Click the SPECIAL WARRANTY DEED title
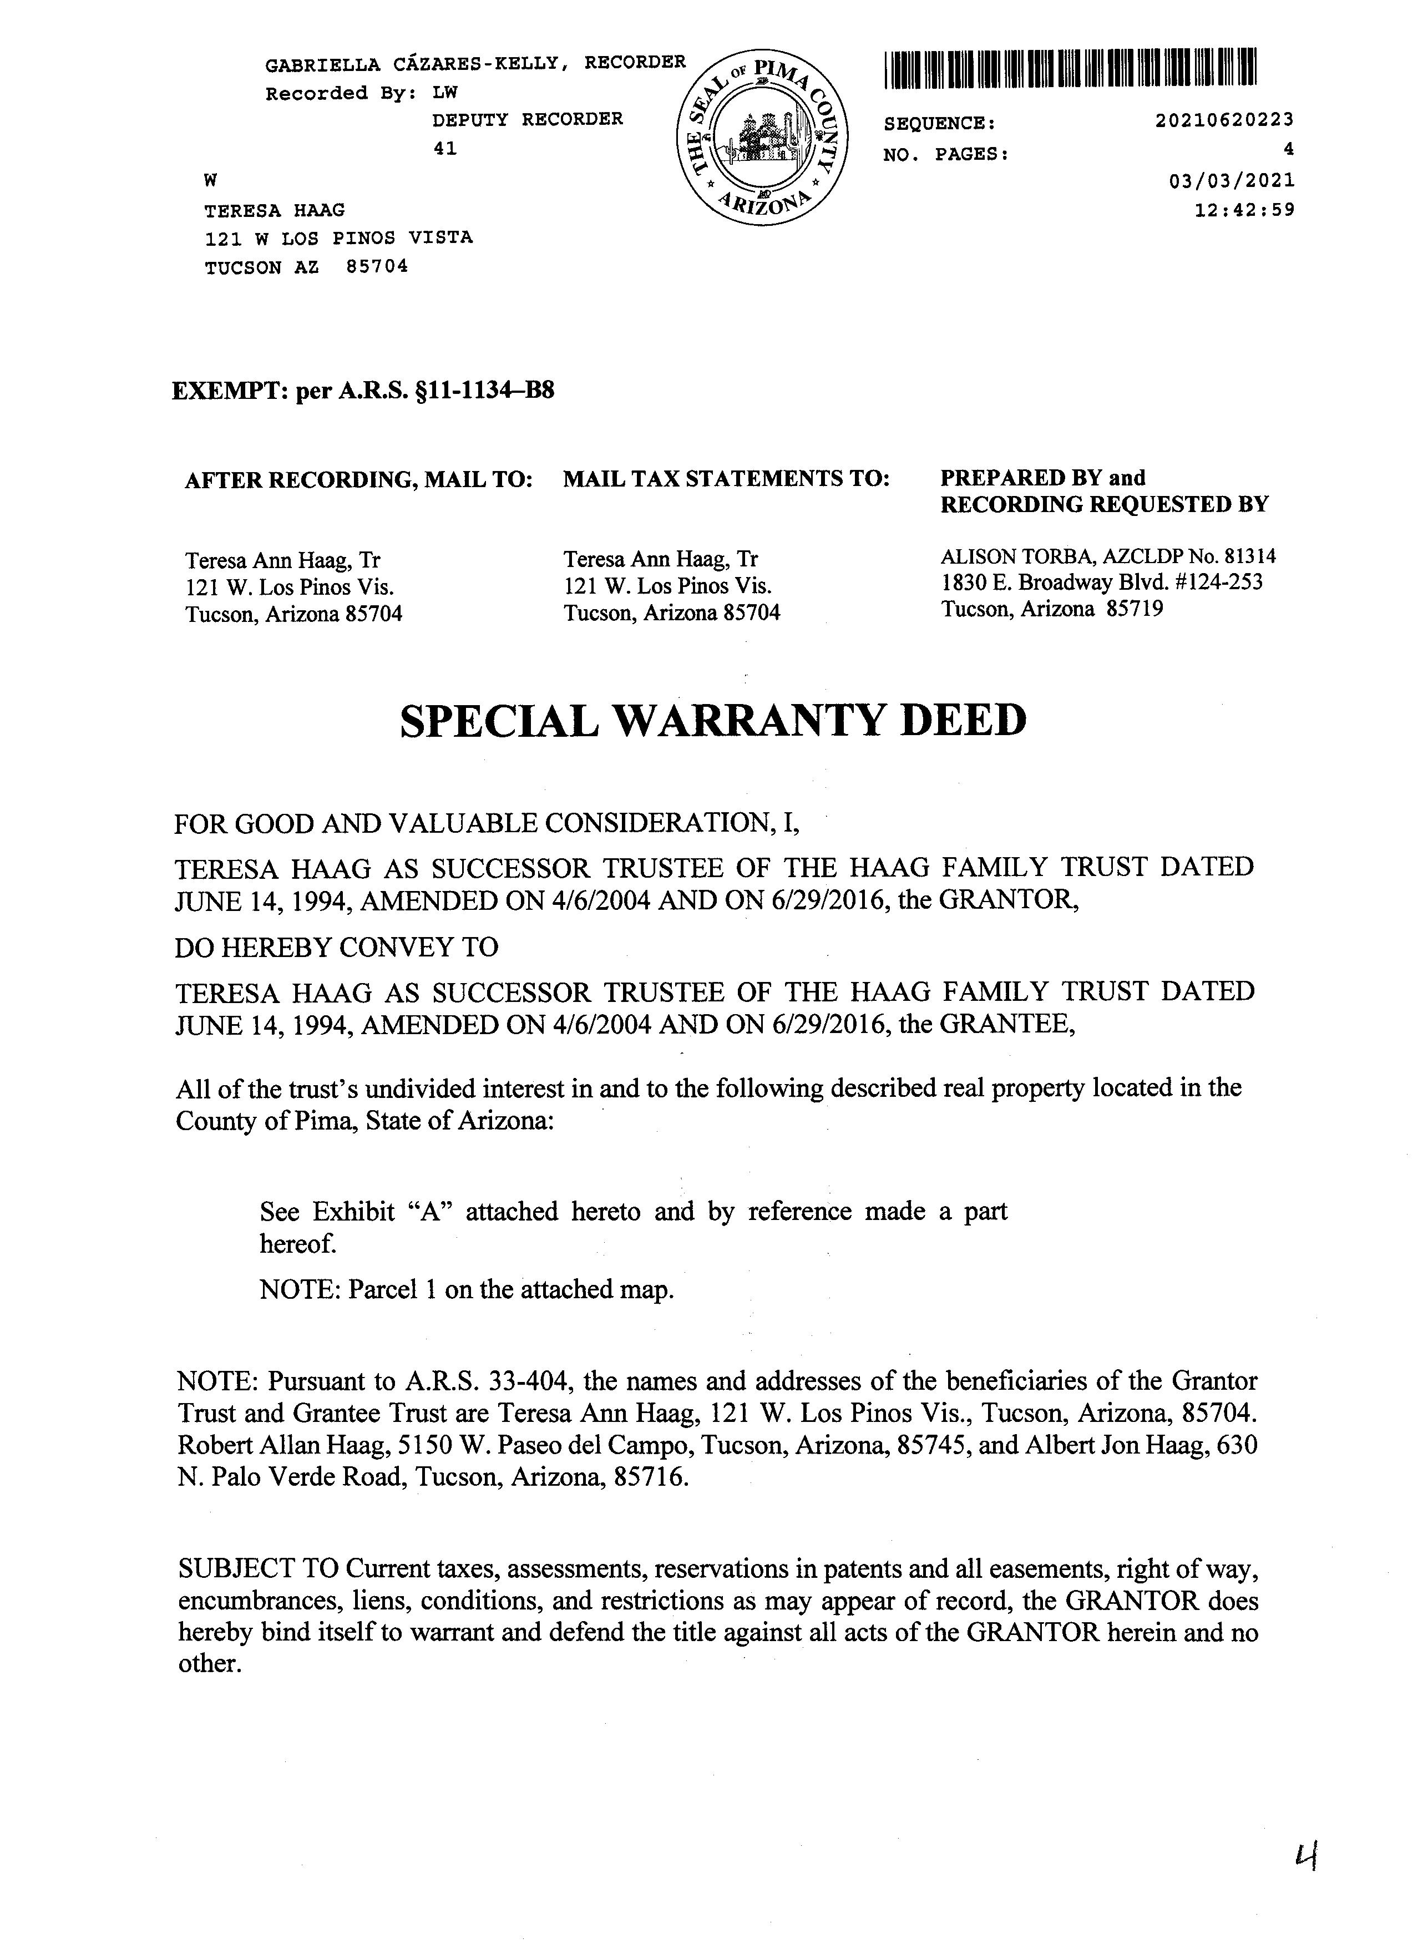click(713, 720)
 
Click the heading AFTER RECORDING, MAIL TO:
click(358, 480)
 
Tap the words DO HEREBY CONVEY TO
click(337, 948)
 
